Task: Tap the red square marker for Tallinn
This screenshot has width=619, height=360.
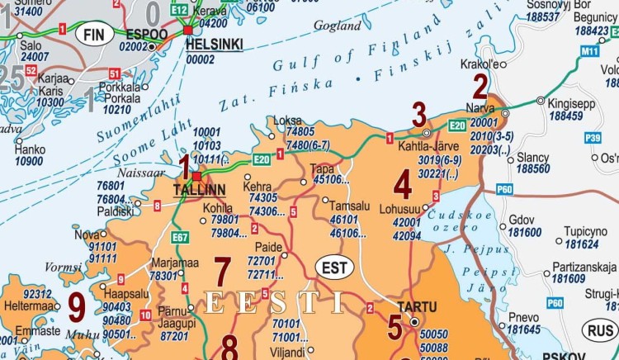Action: [x=197, y=176]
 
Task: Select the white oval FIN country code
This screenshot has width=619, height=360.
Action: [x=92, y=36]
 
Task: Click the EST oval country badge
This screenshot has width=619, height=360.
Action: [x=333, y=268]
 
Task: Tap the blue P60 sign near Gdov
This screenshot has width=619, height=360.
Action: [x=505, y=190]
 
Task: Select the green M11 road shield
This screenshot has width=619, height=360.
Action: [x=589, y=52]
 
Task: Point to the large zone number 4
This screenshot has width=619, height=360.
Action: [x=403, y=182]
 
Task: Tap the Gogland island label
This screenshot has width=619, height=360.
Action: [x=338, y=26]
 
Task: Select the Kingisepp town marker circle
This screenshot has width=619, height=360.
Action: [x=541, y=101]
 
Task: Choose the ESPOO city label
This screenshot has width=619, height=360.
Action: [x=146, y=34]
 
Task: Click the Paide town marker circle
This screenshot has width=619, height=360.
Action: [x=285, y=255]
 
